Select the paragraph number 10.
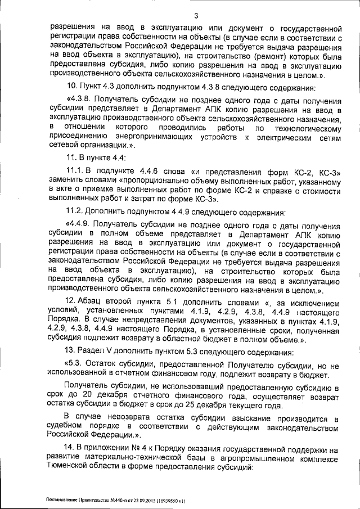click(71, 87)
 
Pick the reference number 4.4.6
click(143, 169)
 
